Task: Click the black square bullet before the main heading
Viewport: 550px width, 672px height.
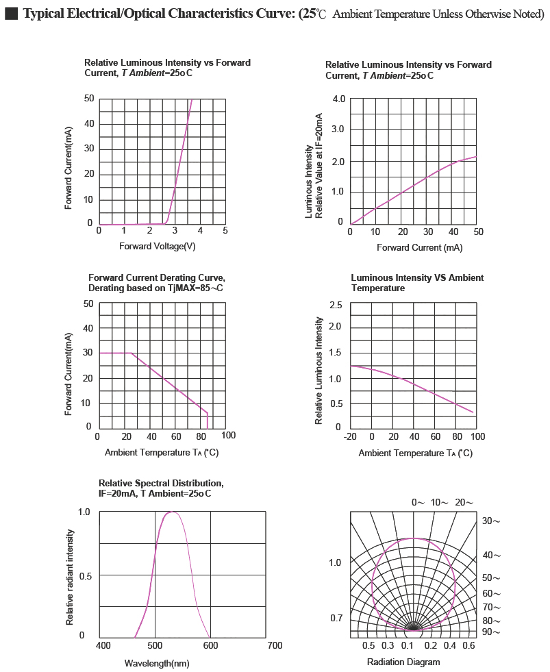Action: (x=11, y=13)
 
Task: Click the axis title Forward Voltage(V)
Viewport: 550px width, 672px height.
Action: (x=158, y=246)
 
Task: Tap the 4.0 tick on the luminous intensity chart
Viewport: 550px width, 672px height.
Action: (x=338, y=99)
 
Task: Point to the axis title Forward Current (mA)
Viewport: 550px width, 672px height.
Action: (x=420, y=248)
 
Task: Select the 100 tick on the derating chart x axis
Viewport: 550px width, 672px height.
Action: (x=229, y=436)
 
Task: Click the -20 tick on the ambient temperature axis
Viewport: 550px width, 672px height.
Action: (x=350, y=437)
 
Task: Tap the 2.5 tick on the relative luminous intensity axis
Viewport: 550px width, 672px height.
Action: (x=336, y=305)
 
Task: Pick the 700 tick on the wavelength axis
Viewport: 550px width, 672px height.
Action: (x=275, y=645)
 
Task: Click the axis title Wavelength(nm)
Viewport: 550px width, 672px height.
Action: (x=157, y=663)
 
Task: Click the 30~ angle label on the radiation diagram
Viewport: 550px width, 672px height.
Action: (x=491, y=521)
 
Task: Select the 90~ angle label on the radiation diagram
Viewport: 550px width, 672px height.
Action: (x=491, y=632)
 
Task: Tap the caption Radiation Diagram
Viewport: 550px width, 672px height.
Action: (x=403, y=662)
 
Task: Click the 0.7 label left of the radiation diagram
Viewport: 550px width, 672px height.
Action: (x=336, y=618)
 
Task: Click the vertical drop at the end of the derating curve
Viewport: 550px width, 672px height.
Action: (x=208, y=421)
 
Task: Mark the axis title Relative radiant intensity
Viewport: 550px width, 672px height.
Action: (x=70, y=577)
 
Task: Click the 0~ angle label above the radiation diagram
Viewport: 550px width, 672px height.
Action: (x=418, y=502)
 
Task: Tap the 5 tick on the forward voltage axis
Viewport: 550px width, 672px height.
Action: (x=225, y=231)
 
